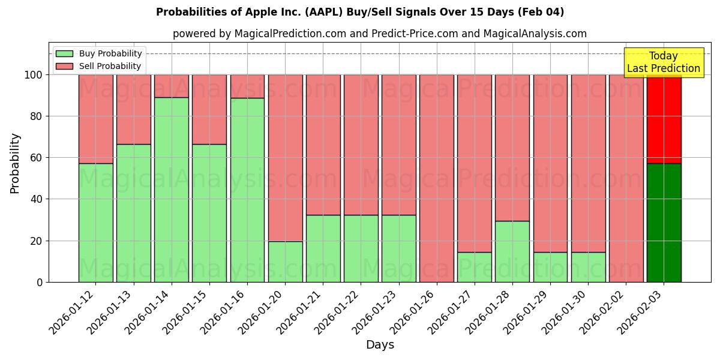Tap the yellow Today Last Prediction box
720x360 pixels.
(x=664, y=62)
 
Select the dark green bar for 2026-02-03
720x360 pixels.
(x=664, y=223)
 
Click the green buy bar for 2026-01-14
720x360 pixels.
(x=172, y=190)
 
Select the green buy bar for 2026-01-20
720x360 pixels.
(x=286, y=262)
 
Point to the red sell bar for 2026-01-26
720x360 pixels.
(x=437, y=178)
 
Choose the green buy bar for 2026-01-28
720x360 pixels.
(x=512, y=251)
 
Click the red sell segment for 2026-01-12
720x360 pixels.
(x=96, y=119)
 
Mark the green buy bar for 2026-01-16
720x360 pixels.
(x=247, y=190)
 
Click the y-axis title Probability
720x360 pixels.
(x=15, y=163)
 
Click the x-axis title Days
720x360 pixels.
(x=380, y=345)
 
